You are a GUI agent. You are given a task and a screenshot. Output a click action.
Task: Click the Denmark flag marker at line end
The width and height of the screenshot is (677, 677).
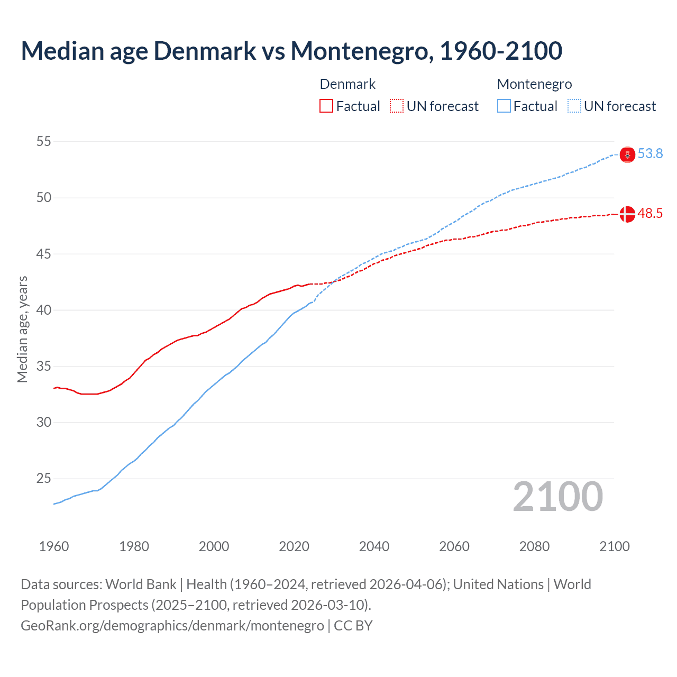(627, 214)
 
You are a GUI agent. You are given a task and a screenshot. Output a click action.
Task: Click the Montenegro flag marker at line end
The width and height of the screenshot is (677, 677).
(627, 154)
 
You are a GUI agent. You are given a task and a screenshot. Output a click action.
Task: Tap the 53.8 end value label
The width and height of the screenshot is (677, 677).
(650, 153)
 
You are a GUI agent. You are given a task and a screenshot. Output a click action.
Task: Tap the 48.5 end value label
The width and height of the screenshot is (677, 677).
(650, 213)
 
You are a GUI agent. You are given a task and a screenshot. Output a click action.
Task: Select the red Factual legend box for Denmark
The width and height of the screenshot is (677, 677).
(326, 106)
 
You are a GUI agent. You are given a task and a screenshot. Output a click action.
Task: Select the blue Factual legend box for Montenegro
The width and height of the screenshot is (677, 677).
(504, 106)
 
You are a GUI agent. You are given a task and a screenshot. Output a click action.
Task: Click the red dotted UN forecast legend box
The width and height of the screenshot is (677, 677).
(397, 106)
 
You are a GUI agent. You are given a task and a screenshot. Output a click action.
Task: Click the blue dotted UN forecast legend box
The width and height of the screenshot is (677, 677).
(574, 106)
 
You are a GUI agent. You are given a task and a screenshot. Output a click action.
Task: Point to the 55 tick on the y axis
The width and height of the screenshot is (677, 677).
(44, 141)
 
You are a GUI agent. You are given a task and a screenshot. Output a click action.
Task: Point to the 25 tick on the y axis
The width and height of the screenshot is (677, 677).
(44, 479)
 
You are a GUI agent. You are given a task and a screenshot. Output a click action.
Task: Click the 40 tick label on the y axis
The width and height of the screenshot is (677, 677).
(44, 310)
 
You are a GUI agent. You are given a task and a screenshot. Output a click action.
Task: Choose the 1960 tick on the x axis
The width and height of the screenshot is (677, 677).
(54, 546)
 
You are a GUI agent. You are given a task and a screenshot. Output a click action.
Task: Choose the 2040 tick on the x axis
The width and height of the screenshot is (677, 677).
(374, 546)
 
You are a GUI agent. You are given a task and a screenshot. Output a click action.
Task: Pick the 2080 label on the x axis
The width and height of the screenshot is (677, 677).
(534, 546)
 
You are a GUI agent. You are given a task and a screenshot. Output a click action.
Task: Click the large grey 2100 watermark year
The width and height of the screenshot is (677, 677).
(557, 497)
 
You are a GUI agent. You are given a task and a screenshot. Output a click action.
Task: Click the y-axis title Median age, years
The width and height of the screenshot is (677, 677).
(22, 329)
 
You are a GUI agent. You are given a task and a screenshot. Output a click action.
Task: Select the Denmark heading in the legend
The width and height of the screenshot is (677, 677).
(347, 84)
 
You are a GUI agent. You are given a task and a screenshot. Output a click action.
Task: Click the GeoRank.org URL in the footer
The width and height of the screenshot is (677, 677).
(172, 625)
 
